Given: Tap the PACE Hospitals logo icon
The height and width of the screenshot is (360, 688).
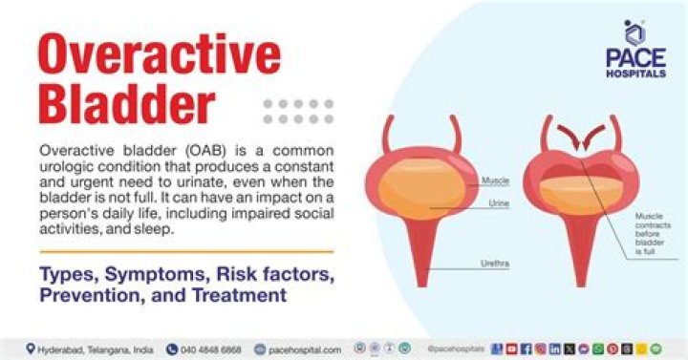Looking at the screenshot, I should coord(634,32).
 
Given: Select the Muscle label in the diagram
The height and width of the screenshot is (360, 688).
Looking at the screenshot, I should coord(494,180).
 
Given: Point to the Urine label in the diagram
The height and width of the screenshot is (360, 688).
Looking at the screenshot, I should coord(498,203).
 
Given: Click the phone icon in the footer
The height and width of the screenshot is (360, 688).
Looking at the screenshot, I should coord(172,349).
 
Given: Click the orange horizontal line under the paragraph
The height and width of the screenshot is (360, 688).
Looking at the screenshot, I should coord(185,251).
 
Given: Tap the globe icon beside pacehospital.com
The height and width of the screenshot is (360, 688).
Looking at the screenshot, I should coord(259,349).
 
